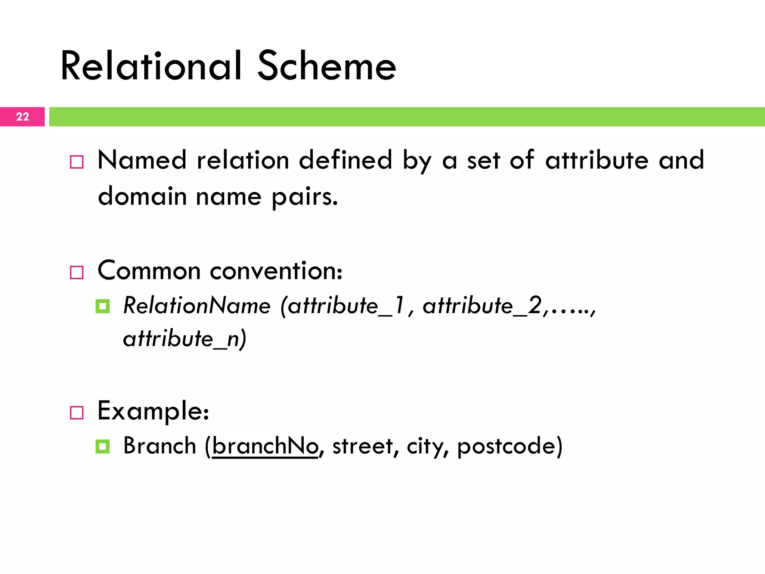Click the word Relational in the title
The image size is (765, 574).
(x=151, y=67)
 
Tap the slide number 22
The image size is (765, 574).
(x=22, y=117)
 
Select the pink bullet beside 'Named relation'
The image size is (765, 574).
(x=77, y=162)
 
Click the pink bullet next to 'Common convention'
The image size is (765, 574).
(x=77, y=272)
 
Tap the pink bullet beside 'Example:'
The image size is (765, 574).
(x=77, y=413)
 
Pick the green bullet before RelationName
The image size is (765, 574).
(x=102, y=306)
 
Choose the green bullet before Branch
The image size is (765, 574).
(x=102, y=447)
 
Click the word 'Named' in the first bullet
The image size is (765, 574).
(x=142, y=160)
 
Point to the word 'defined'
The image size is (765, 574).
(x=346, y=160)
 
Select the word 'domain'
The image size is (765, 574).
(x=142, y=197)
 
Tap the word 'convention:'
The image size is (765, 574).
(x=276, y=271)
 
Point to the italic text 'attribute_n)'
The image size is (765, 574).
(x=185, y=339)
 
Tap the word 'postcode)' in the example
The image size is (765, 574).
(x=510, y=446)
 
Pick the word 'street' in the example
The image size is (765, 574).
(x=363, y=446)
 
